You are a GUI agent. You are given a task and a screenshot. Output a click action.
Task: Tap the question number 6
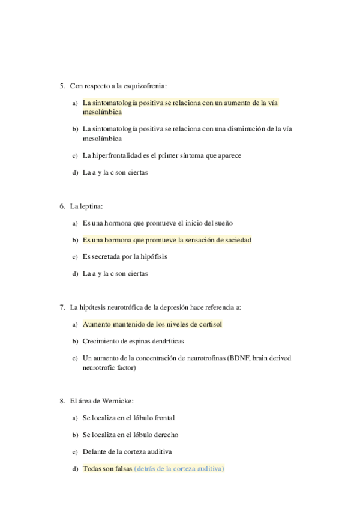coord(62,206)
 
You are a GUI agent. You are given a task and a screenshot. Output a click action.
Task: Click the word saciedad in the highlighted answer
coord(237,240)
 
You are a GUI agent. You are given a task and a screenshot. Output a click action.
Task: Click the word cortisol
coord(208,325)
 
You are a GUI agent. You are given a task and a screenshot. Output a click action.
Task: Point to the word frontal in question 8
coord(163,418)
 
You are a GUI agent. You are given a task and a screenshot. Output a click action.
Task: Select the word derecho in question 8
coord(165,435)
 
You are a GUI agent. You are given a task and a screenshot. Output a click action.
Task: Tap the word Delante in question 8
coord(95,451)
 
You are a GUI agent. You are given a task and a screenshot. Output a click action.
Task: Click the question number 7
coord(62,307)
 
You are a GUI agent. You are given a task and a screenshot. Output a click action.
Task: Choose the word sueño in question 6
coord(224,223)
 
